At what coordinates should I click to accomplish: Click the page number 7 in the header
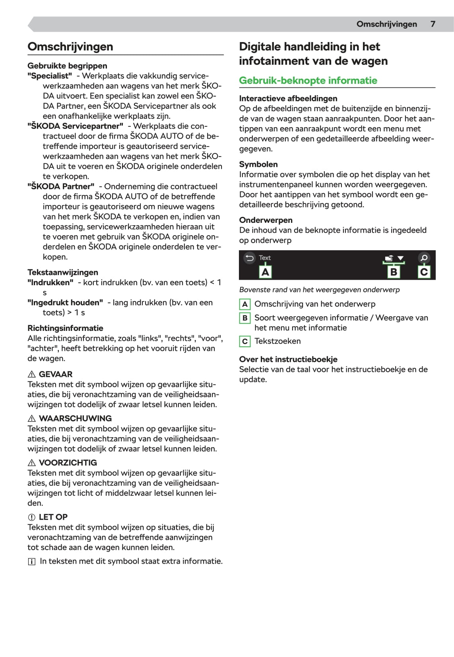click(x=433, y=24)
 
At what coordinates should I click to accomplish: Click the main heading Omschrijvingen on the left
click(x=70, y=46)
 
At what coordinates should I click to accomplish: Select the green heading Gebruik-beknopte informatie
click(x=308, y=81)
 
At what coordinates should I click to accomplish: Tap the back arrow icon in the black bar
click(x=249, y=258)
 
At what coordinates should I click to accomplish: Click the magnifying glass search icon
click(x=424, y=258)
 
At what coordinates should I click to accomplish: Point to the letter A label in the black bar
click(x=265, y=272)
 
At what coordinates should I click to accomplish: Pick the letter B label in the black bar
click(x=394, y=272)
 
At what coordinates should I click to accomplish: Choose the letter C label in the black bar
click(x=424, y=272)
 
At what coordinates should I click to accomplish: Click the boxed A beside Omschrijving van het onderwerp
click(x=245, y=304)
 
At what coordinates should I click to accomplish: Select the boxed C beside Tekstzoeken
click(x=245, y=341)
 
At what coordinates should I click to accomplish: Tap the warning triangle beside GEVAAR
click(x=32, y=375)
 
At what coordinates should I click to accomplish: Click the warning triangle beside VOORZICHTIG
click(x=32, y=463)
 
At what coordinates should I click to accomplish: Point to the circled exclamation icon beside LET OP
click(x=32, y=517)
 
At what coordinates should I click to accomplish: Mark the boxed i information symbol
click(x=32, y=562)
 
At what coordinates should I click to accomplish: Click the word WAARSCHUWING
click(x=75, y=418)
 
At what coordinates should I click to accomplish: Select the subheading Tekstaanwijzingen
click(x=62, y=272)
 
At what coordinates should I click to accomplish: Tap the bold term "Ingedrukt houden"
click(x=65, y=303)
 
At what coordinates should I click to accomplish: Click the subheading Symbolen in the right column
click(x=258, y=164)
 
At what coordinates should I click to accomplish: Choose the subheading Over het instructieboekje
click(x=288, y=359)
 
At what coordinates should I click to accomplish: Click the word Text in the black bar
click(x=265, y=258)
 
